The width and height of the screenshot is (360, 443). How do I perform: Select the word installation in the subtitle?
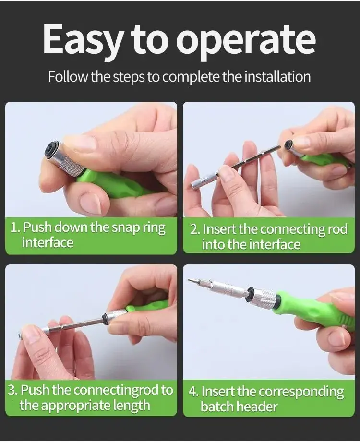(275, 77)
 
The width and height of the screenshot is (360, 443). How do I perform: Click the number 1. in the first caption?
(15, 227)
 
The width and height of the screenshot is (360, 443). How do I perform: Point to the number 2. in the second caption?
(195, 229)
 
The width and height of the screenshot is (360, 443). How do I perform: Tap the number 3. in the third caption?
(13, 390)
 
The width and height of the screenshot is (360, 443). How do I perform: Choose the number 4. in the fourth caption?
(194, 392)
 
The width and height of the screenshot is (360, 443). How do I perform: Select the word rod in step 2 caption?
(338, 229)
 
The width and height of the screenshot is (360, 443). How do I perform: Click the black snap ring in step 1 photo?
(51, 150)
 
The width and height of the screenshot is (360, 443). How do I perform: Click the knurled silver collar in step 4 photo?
(264, 299)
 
